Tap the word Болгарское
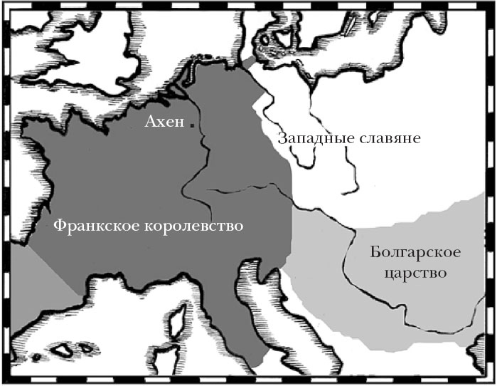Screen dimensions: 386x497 click(x=416, y=254)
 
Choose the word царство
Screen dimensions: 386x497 click(x=417, y=273)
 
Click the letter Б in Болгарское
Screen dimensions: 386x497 click(x=375, y=254)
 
